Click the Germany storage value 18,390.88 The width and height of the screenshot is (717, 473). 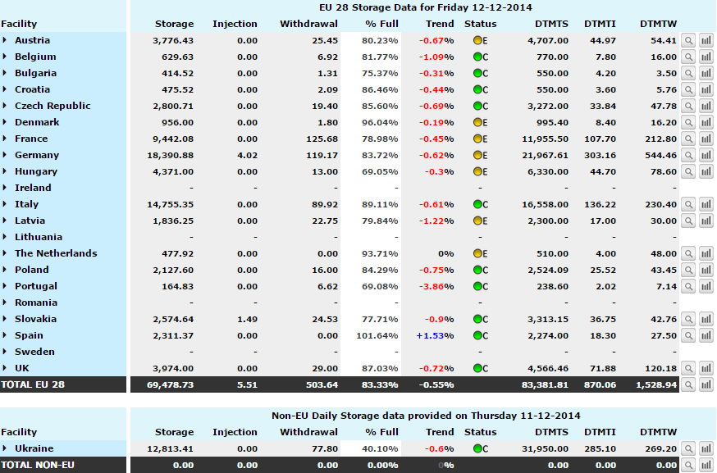point(170,156)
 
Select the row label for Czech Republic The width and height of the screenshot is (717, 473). point(53,106)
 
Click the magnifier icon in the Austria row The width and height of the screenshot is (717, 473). point(688,41)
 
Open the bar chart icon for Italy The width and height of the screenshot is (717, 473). point(706,204)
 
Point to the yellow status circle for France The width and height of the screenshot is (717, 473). point(477,139)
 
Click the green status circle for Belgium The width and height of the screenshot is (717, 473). point(477,57)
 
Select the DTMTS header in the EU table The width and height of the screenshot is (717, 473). point(551,24)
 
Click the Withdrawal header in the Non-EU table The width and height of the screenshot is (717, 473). point(308,432)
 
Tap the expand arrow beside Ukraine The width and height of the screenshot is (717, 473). point(5,448)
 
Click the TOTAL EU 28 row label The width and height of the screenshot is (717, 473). point(33,384)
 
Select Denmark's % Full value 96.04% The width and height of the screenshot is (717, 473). point(380,122)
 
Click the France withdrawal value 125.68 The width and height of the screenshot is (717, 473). point(322,139)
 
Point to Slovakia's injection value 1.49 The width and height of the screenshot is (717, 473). point(248,319)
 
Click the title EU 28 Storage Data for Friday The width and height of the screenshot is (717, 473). point(394,7)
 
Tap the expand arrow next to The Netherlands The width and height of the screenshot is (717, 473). point(5,252)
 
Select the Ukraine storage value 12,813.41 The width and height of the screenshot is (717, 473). point(170,448)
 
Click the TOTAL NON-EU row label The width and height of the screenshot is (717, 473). point(38,465)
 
